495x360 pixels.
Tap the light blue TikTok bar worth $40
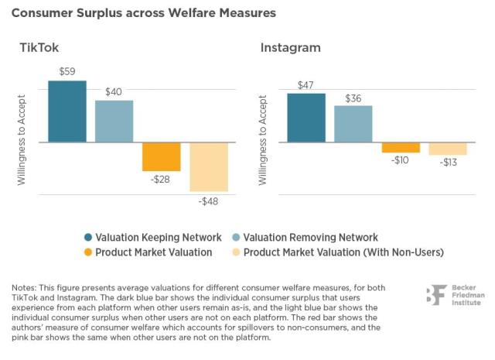pyautogui.click(x=114, y=122)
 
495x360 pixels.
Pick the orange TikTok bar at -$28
pyautogui.click(x=161, y=156)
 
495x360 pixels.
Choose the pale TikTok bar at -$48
pyautogui.click(x=209, y=166)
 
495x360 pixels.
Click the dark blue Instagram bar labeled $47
pyautogui.click(x=306, y=118)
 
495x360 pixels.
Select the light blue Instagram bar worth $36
pyautogui.click(x=353, y=124)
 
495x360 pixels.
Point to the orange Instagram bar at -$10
pyautogui.click(x=401, y=147)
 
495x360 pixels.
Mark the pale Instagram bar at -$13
pyautogui.click(x=448, y=149)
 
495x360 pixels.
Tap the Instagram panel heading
pyautogui.click(x=289, y=48)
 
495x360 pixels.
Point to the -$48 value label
pyautogui.click(x=209, y=201)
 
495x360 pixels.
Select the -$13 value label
pyautogui.click(x=449, y=163)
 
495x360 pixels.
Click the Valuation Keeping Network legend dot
pyautogui.click(x=89, y=238)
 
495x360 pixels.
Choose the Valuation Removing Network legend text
pyautogui.click(x=312, y=238)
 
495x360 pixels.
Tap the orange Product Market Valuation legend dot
pyautogui.click(x=89, y=252)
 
